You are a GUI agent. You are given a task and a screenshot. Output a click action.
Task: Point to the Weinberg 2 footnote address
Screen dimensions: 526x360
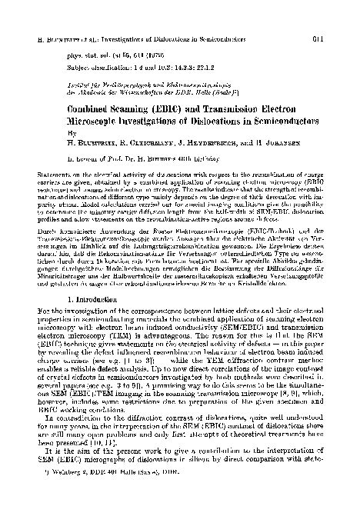92,511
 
